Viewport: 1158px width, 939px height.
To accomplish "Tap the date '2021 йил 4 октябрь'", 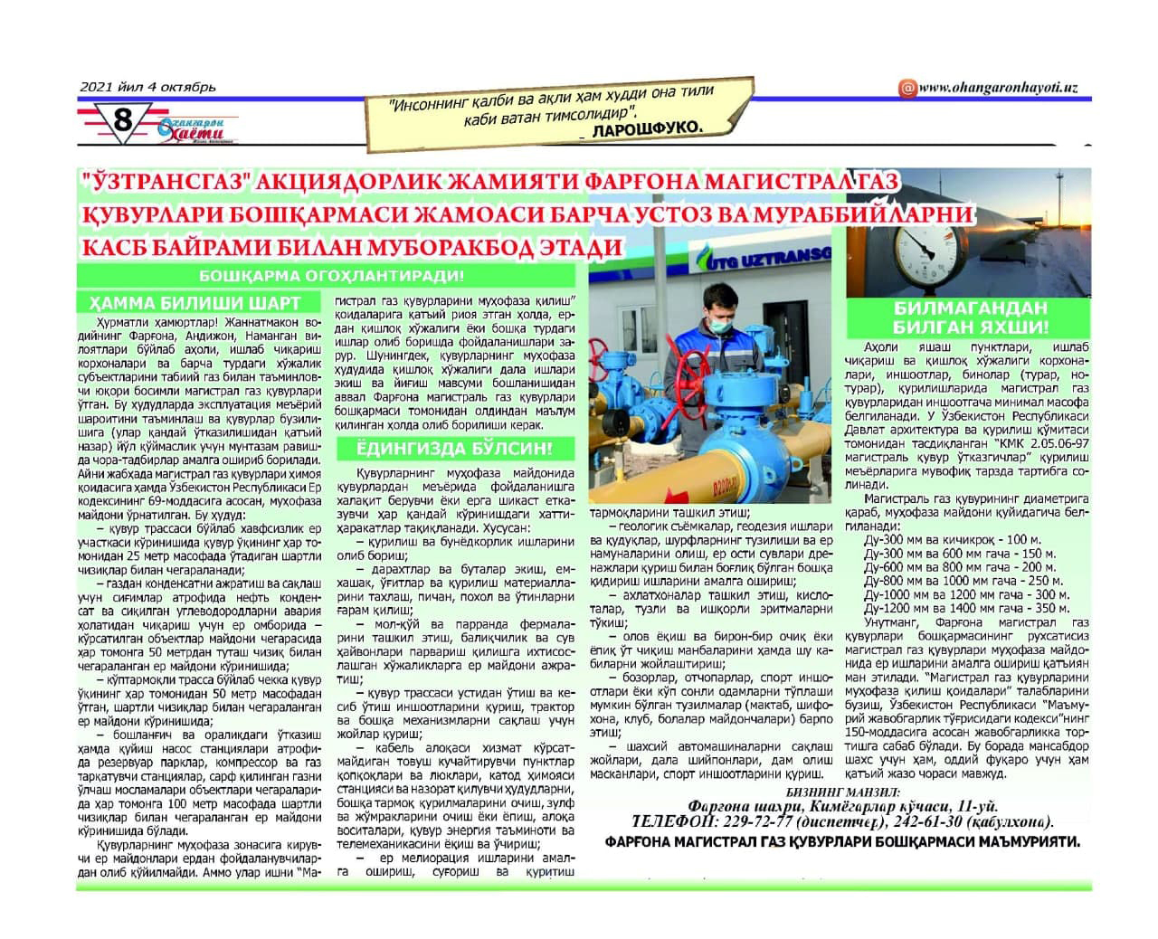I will click(x=148, y=87).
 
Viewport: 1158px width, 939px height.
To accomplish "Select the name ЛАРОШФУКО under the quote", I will click(x=646, y=128).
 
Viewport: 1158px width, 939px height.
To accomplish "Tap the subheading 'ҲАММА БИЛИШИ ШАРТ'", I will click(x=195, y=303).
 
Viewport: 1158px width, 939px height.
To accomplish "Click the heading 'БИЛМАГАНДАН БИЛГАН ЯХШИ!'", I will click(x=970, y=318).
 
